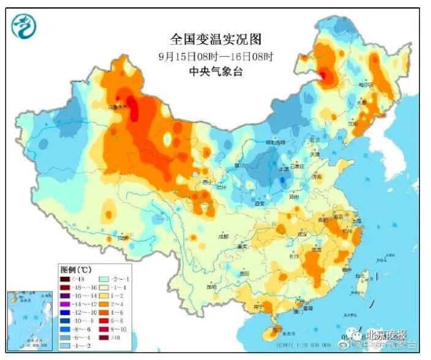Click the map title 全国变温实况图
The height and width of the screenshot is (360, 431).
[215, 40]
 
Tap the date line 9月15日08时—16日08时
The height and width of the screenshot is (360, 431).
[215, 56]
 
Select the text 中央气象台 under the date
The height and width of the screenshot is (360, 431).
[215, 72]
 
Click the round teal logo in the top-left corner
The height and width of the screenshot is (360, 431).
[24, 26]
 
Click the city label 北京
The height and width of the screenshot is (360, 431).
[315, 140]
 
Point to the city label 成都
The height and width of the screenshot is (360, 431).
[223, 236]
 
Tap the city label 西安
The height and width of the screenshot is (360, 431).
[259, 203]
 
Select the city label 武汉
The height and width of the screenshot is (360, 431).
[301, 234]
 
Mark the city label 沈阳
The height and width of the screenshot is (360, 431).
[353, 123]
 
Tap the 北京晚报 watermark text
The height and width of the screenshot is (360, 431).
[386, 334]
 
